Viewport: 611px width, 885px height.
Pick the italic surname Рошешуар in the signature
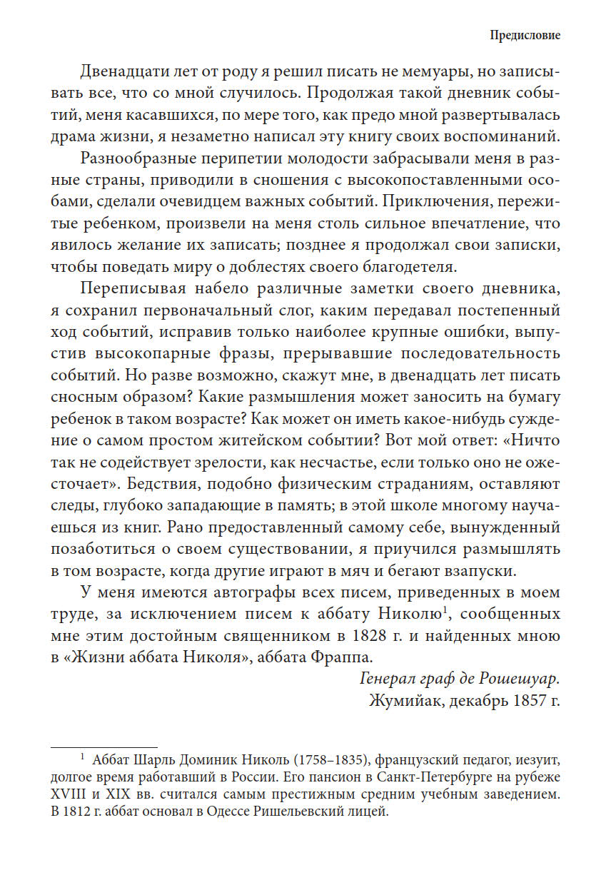tap(522, 678)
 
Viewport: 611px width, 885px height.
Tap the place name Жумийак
tap(402, 700)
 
